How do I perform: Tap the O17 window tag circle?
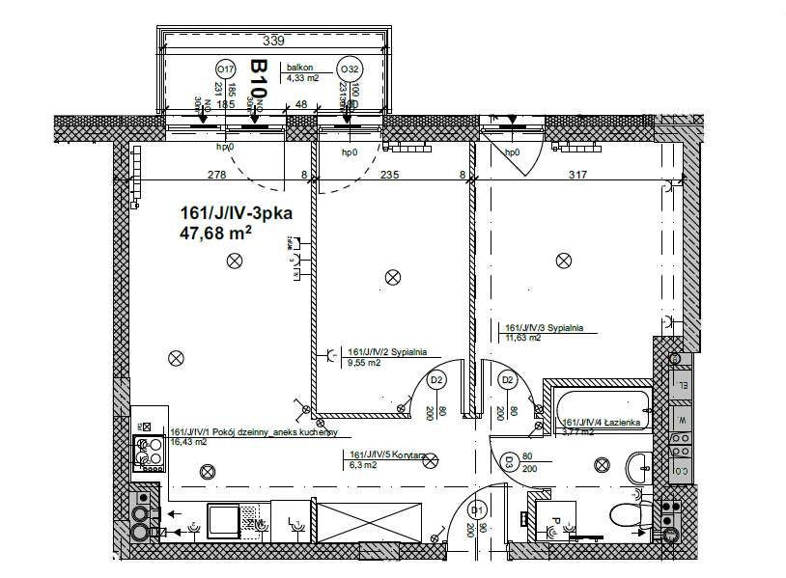225,69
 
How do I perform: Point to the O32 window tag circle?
349,69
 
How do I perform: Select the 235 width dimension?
389,175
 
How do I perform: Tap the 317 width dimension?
577,175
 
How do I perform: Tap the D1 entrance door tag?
476,509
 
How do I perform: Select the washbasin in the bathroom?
638,468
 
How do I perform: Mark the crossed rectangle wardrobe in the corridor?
370,522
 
